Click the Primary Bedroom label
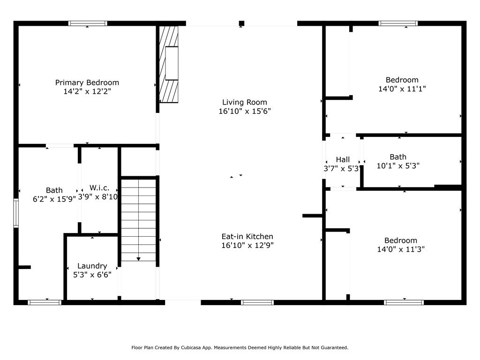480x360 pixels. (87, 82)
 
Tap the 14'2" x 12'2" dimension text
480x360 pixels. (87, 91)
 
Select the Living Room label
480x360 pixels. (244, 102)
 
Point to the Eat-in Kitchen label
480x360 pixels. (247, 236)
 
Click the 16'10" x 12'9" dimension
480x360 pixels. (247, 245)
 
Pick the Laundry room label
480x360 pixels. (92, 266)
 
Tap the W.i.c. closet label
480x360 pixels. (99, 187)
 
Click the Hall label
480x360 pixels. (343, 159)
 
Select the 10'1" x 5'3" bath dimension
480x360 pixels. (398, 165)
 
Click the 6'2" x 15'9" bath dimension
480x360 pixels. (54, 198)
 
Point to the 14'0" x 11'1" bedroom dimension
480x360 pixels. (402, 88)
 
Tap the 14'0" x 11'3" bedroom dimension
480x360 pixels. (401, 249)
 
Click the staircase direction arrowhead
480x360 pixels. (139, 258)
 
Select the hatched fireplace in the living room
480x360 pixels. (169, 64)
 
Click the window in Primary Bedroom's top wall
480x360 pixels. (88, 23)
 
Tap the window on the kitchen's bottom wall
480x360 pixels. (257, 302)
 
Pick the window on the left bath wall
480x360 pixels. (16, 213)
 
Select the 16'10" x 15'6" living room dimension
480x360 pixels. (244, 111)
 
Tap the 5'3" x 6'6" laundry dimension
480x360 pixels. (92, 275)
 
